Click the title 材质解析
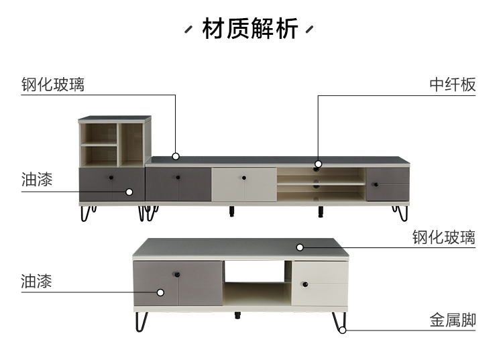pos(250,30)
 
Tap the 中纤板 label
pos(453,84)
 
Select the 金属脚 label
pos(453,320)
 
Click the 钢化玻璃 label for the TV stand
pos(53,84)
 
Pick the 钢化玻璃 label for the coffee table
pos(443,237)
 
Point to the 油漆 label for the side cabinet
pos(37,179)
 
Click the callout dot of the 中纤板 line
pos(318,164)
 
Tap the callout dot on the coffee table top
pos(300,247)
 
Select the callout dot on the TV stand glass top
pos(176,156)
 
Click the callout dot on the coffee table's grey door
pos(161,292)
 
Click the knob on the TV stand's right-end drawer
pos(375,184)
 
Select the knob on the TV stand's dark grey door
pos(178,177)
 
